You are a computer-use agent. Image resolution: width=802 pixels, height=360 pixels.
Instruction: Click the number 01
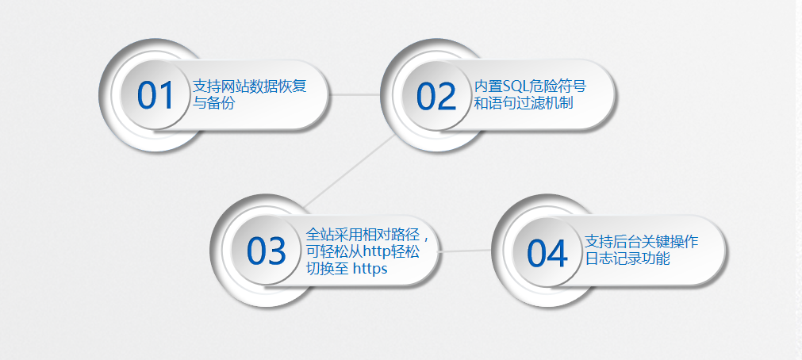[156, 96]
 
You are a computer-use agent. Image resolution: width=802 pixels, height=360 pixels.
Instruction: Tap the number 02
[436, 96]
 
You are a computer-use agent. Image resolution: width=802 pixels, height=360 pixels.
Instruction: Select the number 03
[267, 251]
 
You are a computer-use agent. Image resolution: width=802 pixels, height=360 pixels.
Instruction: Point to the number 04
[547, 253]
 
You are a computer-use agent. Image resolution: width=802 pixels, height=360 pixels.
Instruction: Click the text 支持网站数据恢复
[250, 86]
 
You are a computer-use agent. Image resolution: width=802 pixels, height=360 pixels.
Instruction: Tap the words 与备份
[214, 103]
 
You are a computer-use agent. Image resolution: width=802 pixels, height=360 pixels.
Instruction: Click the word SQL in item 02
[514, 86]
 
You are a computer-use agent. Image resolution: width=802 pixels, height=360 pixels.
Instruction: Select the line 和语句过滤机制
[524, 103]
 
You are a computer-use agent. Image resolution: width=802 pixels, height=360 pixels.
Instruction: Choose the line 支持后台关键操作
[642, 241]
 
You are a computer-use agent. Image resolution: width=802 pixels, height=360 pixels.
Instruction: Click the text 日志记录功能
[627, 259]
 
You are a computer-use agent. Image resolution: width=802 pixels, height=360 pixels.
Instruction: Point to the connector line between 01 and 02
[355, 94]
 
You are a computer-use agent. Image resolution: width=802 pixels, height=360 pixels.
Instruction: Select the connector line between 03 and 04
[465, 251]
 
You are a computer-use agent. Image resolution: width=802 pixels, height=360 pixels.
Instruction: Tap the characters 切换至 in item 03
[328, 269]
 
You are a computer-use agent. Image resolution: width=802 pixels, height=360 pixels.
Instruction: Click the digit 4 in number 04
[558, 253]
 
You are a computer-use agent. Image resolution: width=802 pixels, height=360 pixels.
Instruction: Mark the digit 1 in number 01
[167, 96]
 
